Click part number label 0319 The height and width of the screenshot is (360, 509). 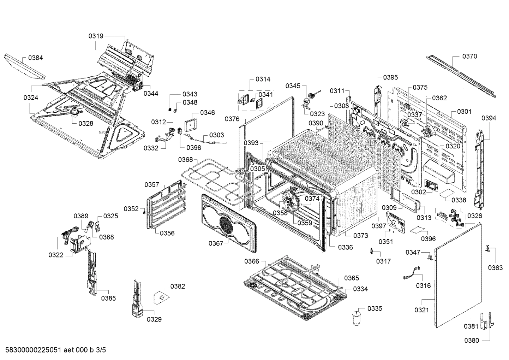pos(96,36)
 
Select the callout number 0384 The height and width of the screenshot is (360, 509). pos(36,58)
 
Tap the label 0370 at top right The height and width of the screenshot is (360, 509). pos(469,56)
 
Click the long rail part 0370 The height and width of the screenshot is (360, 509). pos(461,76)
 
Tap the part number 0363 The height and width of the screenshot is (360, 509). pos(495,268)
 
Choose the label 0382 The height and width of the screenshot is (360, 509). pos(178,286)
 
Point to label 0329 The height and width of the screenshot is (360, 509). pos(154,319)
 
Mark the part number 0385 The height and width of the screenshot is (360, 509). pos(108,298)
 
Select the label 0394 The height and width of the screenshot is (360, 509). pos(489,118)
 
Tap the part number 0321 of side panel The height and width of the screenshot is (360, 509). pos(422,310)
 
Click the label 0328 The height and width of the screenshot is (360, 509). pos(86,123)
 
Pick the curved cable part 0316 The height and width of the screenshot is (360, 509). pos(413,273)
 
